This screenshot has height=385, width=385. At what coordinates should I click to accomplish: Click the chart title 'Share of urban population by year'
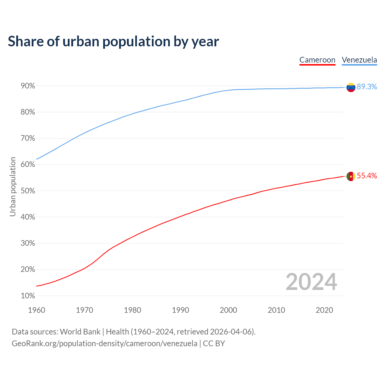(x=113, y=42)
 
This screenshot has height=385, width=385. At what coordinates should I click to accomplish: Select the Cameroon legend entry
(x=317, y=60)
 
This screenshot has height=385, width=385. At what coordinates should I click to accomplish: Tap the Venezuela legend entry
(x=359, y=60)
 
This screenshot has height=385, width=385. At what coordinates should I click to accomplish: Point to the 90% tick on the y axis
(x=28, y=86)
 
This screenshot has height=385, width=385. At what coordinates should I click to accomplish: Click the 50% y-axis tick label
(x=28, y=191)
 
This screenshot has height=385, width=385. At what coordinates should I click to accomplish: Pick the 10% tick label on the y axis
(x=28, y=296)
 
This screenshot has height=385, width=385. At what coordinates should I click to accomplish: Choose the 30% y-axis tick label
(x=28, y=243)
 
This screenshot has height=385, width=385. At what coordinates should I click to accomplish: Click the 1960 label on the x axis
(x=36, y=310)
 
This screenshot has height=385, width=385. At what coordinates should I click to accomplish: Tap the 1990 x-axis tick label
(x=180, y=310)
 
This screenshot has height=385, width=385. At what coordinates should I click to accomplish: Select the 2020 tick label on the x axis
(x=324, y=310)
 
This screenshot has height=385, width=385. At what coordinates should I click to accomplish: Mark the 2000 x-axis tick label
(x=228, y=310)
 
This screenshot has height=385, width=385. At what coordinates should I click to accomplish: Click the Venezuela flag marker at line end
(x=351, y=87)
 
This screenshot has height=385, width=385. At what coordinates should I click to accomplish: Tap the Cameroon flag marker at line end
(x=351, y=176)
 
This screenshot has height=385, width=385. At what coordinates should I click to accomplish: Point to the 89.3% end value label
(x=367, y=87)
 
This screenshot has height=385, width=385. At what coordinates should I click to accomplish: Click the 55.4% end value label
(x=367, y=176)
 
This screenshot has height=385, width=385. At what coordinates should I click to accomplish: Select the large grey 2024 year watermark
(x=311, y=282)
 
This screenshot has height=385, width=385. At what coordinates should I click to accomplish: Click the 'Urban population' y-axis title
(x=13, y=186)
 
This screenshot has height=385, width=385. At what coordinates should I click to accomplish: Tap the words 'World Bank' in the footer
(x=80, y=332)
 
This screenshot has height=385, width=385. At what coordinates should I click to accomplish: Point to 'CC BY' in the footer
(x=214, y=343)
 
